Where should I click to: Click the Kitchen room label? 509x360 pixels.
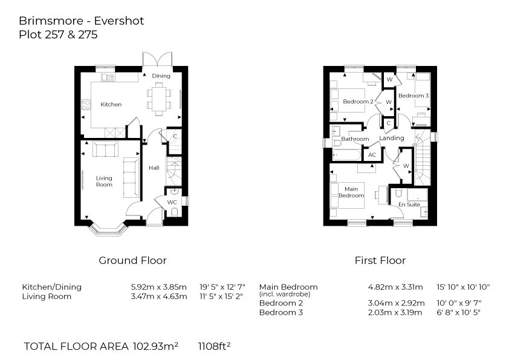pos(111,105)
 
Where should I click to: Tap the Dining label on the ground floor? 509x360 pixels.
pos(161,76)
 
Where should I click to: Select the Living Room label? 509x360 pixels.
pos(104,181)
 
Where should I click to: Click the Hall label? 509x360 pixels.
pos(154,168)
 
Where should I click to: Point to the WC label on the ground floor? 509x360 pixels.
pos(172,201)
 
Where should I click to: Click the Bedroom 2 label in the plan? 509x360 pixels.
pos(358,102)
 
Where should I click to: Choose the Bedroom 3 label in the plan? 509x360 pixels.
pos(413,96)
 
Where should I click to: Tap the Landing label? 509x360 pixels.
pos(392,139)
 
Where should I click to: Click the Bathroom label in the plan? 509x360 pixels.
pos(355,139)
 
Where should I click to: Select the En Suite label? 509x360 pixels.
pos(409,205)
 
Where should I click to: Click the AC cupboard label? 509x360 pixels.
pos(372,155)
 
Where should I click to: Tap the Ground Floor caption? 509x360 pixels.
pos(132,261)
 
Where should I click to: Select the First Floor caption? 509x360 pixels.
pos(380,261)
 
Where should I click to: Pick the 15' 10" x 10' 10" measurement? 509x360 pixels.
pos(463,287)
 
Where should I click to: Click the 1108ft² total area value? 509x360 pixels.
pos(215,347)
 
